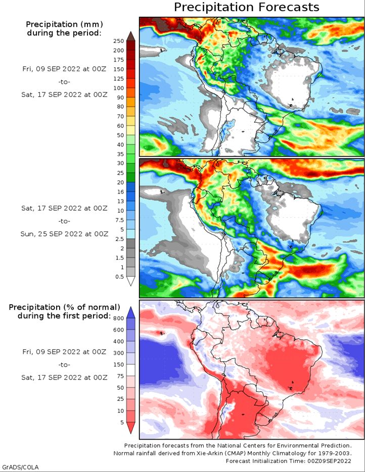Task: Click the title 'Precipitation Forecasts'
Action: [x=246, y=7]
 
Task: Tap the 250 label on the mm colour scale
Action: [x=119, y=41]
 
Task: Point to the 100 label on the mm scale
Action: [x=119, y=88]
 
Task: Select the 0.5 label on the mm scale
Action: [x=119, y=276]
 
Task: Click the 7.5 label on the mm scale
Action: [x=119, y=220]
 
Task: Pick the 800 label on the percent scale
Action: [x=119, y=318]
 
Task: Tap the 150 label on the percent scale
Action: [x=119, y=364]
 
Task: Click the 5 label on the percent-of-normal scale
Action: [x=122, y=422]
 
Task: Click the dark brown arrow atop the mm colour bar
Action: [x=131, y=36]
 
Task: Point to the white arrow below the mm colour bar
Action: [x=131, y=281]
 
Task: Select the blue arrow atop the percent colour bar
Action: [x=131, y=312]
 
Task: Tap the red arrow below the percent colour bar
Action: [x=131, y=428]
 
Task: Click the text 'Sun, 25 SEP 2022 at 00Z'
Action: [x=64, y=234]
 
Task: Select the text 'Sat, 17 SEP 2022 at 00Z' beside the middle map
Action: [x=64, y=208]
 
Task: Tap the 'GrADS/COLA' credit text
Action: [x=20, y=467]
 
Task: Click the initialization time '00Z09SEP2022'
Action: [x=329, y=461]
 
